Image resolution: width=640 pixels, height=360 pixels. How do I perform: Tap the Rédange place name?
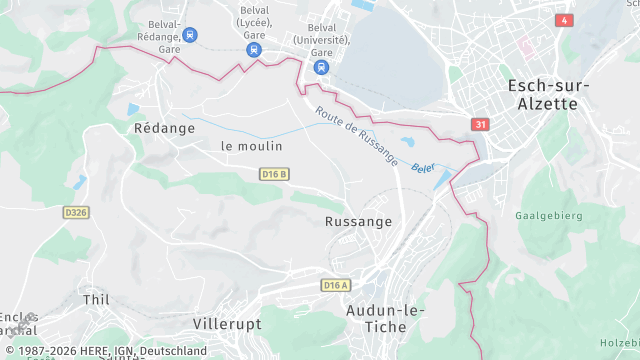click(154, 128)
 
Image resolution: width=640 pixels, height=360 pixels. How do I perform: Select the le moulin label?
click(252, 146)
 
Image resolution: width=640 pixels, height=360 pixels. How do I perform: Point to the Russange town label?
click(359, 221)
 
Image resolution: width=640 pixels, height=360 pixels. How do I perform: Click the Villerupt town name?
click(226, 324)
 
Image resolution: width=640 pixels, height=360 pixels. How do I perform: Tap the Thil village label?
click(96, 299)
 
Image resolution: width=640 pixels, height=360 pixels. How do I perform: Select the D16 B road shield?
click(274, 174)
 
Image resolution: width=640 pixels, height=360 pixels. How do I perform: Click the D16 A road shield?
click(336, 285)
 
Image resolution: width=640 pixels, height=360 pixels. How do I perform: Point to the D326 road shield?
click(76, 212)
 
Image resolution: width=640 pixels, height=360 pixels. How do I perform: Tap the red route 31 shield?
click(481, 124)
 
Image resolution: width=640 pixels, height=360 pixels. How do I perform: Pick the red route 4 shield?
click(565, 20)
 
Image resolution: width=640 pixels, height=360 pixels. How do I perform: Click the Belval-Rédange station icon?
click(190, 34)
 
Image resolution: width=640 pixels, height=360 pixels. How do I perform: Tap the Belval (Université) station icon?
click(320, 67)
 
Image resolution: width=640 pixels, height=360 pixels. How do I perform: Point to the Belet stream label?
click(424, 167)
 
